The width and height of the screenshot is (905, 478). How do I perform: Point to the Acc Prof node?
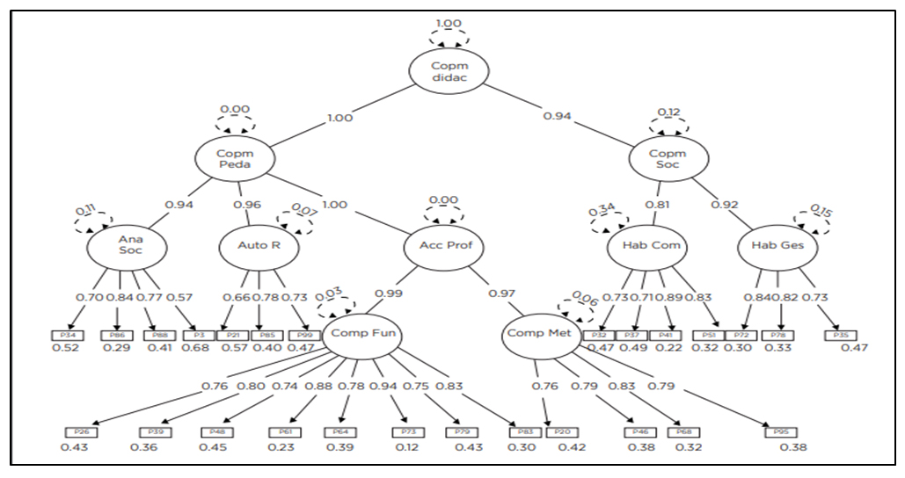pos(445,244)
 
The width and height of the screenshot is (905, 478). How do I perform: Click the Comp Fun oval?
pos(363,334)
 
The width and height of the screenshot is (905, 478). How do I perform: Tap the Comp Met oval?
pos(541,334)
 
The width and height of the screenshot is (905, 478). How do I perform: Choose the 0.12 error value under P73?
pos(406,448)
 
